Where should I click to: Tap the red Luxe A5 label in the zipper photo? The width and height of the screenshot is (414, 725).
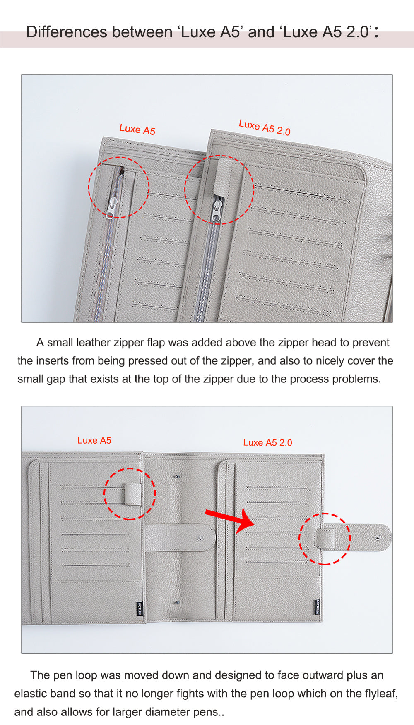click(137, 130)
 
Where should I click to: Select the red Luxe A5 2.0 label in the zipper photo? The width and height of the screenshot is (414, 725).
click(265, 127)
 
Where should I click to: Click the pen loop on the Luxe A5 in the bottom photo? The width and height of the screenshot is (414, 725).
click(133, 494)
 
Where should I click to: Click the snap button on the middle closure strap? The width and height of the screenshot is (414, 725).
click(201, 539)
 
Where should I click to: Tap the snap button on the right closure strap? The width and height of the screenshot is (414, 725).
click(378, 538)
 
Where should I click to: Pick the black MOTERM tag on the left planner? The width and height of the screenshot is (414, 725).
click(139, 609)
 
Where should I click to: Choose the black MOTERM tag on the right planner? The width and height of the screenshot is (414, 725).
click(318, 607)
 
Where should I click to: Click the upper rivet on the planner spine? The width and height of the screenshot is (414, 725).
click(178, 477)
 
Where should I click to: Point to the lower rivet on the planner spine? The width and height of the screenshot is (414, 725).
click(178, 603)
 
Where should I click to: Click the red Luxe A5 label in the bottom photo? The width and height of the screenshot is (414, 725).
click(94, 440)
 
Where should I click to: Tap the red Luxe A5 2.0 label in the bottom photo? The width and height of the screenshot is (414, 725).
click(267, 442)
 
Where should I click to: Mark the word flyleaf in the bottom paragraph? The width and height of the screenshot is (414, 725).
click(379, 694)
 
